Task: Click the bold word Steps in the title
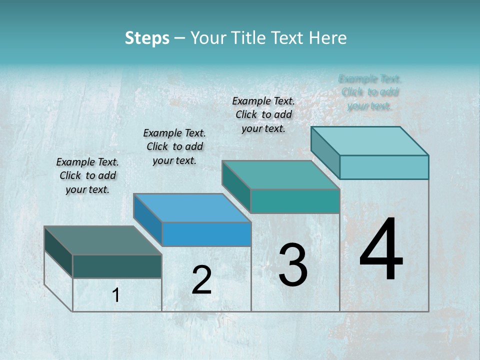coord(147,38)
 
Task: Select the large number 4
coord(381,250)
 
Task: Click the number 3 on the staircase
coord(293,264)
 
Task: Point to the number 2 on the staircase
coord(201,280)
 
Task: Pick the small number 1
coord(116,295)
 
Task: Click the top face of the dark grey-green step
coord(102,240)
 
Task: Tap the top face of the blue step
coord(192,208)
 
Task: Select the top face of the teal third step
coord(280,175)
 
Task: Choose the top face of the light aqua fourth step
coord(369,141)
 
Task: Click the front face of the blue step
coord(206,234)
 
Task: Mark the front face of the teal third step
coord(295,201)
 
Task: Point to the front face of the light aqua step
coord(384,167)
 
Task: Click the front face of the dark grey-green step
coord(117,266)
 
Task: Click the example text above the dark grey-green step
coord(87,175)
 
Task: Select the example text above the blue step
coord(174,146)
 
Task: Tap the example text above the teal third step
coord(263,114)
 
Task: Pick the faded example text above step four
coord(370,92)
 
